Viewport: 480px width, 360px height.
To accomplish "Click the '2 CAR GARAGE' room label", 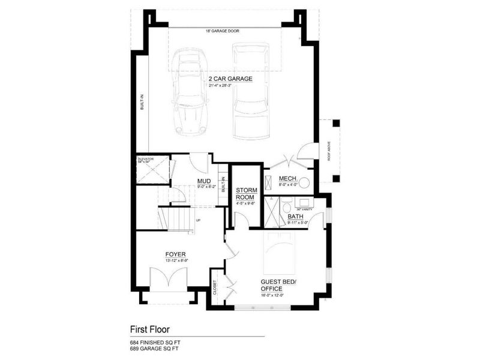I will pyautogui.click(x=230, y=79).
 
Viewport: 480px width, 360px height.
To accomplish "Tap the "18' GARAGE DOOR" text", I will pyautogui.click(x=223, y=30).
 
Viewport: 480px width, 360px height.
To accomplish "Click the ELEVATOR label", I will pyautogui.click(x=146, y=159).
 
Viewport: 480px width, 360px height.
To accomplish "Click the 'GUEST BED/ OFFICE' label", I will pyautogui.click(x=275, y=284).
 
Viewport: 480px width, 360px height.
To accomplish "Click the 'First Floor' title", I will pyautogui.click(x=150, y=329).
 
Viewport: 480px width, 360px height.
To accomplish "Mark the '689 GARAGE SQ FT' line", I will pyautogui.click(x=154, y=349).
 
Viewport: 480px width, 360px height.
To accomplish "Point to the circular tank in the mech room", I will pyautogui.click(x=304, y=183).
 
